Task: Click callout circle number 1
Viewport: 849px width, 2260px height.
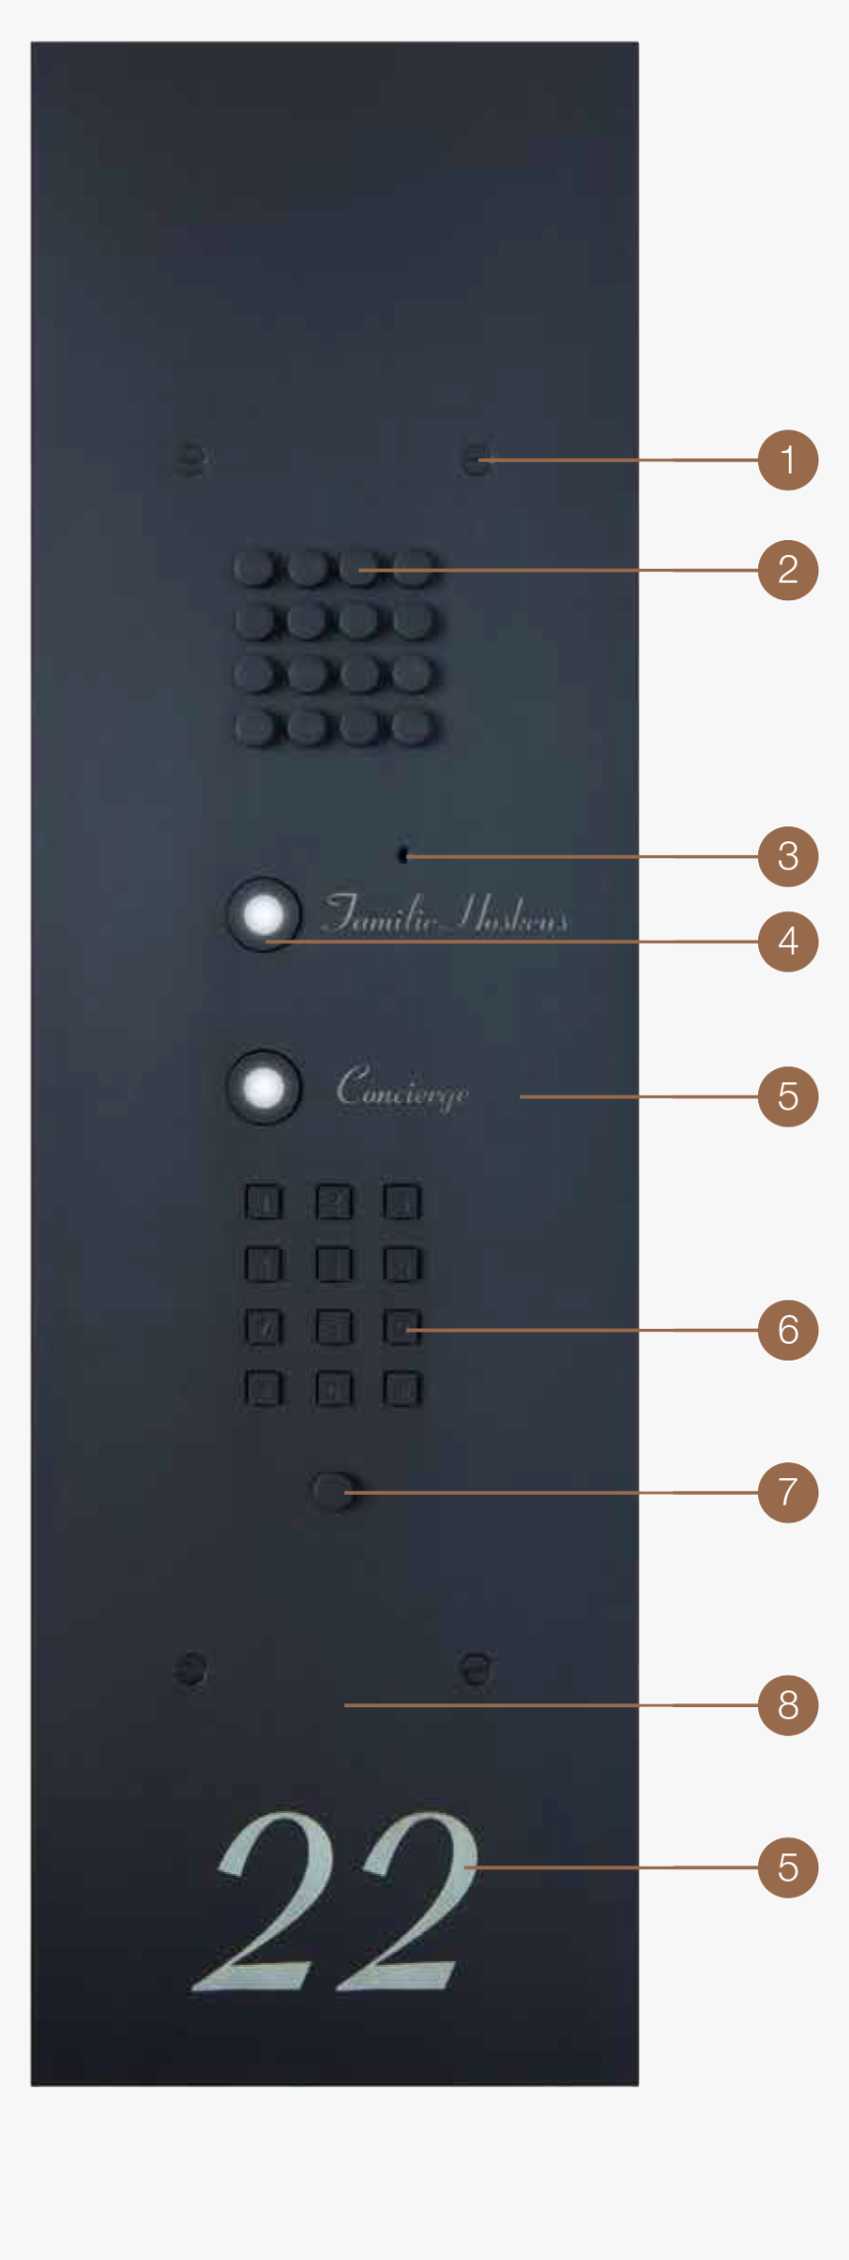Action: [788, 460]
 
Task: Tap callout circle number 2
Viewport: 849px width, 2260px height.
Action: [788, 570]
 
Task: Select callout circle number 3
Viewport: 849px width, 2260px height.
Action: [788, 856]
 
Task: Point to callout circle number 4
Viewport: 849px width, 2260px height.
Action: [788, 941]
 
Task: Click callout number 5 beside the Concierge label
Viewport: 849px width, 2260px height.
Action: [788, 1096]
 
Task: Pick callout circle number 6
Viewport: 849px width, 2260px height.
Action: [788, 1330]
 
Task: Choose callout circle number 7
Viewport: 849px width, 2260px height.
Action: [788, 1492]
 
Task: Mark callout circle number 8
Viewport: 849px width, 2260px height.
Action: [788, 1704]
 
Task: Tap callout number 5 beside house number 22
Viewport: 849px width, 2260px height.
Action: [788, 1867]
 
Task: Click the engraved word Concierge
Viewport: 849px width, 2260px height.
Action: [402, 1088]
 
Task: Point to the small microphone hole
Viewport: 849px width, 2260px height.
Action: [403, 855]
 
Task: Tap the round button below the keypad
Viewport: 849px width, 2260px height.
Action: [334, 1491]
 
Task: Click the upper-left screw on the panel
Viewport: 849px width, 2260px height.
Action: [190, 459]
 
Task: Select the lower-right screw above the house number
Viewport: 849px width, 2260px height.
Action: [476, 1670]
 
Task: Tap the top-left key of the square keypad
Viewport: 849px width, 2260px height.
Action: [263, 1203]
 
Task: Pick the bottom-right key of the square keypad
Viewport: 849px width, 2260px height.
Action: [402, 1389]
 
